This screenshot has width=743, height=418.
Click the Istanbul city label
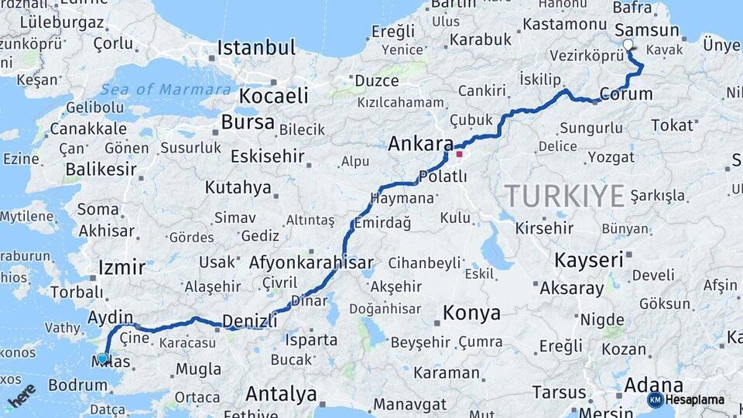256,48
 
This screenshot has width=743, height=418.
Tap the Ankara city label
420,144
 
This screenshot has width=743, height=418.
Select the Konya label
471,313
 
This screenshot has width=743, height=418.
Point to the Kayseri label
589,259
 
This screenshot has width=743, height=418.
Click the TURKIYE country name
565,197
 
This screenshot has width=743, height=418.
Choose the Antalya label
281,394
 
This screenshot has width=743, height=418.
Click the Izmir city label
122,268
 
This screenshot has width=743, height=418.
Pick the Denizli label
249,320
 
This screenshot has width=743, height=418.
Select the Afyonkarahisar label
311,262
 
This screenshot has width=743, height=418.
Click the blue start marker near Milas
102,358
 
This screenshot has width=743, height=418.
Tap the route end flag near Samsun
628,46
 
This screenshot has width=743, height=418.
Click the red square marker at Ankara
459,154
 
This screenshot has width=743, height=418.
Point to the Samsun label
646,30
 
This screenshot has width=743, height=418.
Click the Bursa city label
248,122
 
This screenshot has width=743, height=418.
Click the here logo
22,395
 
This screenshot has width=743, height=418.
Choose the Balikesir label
101,169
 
